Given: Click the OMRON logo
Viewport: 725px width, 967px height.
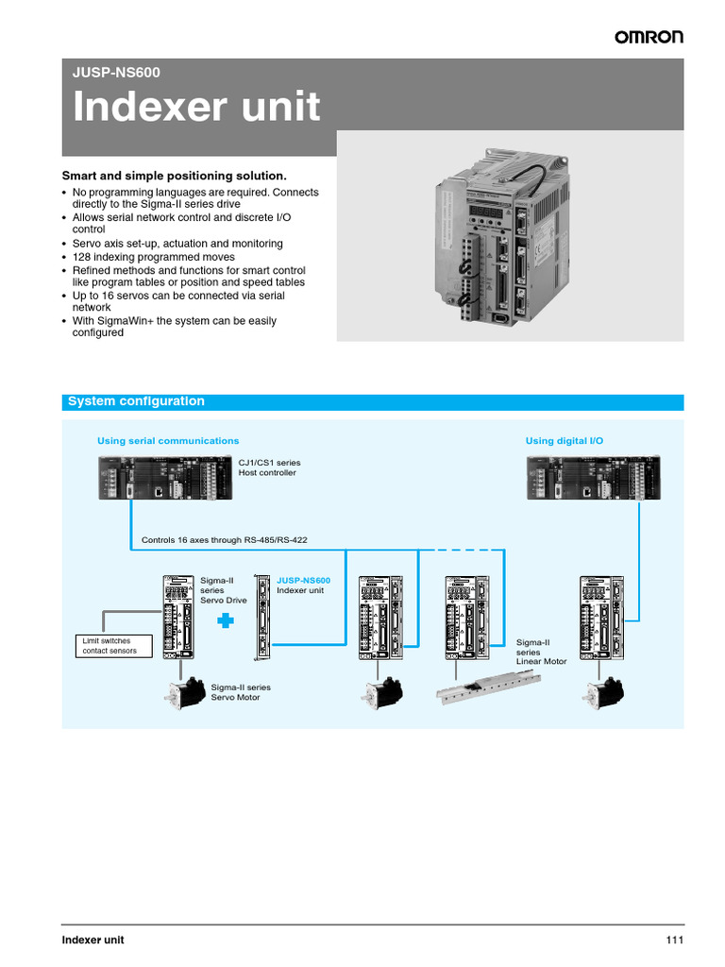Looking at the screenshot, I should tap(649, 37).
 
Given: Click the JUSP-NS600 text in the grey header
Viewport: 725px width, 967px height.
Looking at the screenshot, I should tap(110, 71).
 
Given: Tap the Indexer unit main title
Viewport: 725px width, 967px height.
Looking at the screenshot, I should tap(197, 108).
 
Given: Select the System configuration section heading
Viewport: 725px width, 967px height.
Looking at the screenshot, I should tap(136, 401).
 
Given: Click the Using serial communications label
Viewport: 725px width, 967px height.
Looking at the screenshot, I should tap(168, 441).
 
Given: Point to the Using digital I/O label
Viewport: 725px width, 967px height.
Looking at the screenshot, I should tap(564, 441).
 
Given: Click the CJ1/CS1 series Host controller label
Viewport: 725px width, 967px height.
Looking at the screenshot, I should tap(269, 467).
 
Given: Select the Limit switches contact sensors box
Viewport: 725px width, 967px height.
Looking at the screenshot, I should tap(110, 646).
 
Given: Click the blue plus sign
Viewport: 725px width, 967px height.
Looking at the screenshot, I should tap(225, 620).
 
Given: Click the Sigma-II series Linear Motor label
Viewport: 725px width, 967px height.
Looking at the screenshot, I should tap(541, 652).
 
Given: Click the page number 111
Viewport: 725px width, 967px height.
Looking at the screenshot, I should tap(673, 940).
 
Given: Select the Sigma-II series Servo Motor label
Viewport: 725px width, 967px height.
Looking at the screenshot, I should tap(241, 692).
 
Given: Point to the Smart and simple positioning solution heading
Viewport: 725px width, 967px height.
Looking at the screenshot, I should tap(174, 176).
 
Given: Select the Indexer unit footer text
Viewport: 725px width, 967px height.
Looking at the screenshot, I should tap(93, 940).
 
